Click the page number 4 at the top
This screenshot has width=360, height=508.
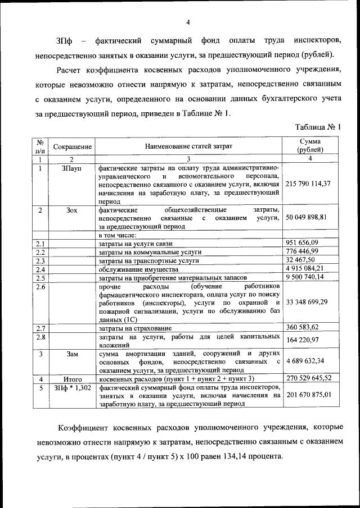click(188, 22)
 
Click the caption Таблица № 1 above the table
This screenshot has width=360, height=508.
click(319, 127)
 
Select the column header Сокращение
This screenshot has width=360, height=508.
click(72, 147)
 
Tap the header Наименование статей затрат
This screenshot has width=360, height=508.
click(188, 147)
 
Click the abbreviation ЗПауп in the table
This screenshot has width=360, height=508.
click(72, 168)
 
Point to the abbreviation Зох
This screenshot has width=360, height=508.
click(72, 210)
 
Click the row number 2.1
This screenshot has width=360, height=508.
click(40, 244)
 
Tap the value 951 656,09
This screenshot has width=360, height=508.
click(302, 243)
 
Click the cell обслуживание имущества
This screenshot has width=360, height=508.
click(132, 269)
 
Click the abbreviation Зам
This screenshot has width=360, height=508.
click(72, 354)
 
